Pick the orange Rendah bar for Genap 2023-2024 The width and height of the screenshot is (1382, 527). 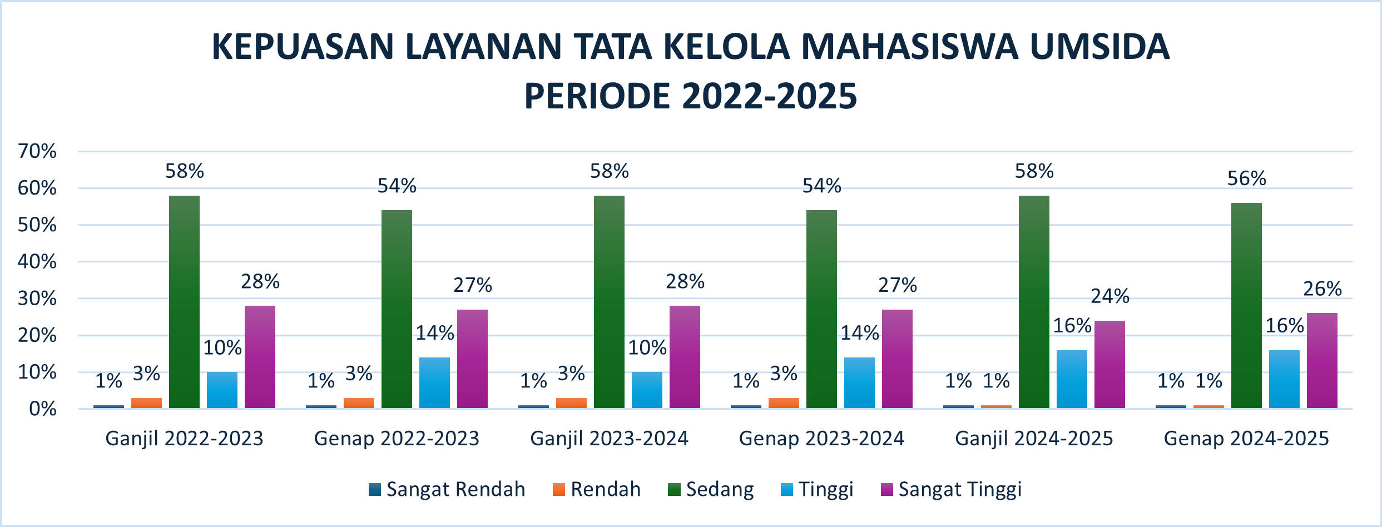[784, 403]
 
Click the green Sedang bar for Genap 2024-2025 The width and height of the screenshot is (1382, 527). [1246, 306]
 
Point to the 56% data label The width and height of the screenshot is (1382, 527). [1246, 178]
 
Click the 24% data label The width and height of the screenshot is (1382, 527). [1109, 296]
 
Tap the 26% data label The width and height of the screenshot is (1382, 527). [1322, 289]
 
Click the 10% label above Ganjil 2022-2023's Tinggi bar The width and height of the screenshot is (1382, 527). [222, 348]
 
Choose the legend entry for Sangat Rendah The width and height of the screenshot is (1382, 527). [447, 489]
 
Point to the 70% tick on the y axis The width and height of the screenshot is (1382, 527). [37, 151]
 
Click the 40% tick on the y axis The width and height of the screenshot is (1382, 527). [37, 262]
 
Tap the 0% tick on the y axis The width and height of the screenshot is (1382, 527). [43, 409]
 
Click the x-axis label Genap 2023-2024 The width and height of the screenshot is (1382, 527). [821, 439]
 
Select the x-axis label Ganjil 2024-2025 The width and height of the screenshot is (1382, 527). [1034, 439]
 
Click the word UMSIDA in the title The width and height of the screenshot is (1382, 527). [1099, 47]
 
